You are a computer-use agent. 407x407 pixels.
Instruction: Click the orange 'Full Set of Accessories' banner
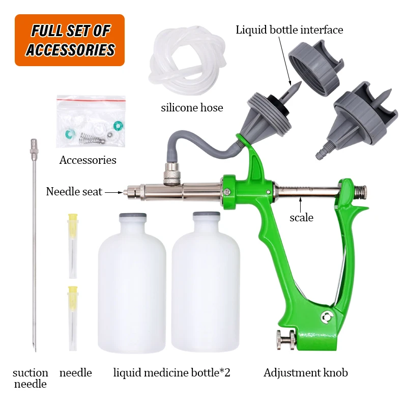point(70,40)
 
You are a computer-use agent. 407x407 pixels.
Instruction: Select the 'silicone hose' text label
point(192,108)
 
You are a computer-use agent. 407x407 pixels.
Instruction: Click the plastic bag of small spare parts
point(91,121)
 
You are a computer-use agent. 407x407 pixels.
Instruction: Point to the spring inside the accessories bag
point(92,138)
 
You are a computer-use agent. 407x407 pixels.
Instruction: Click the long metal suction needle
point(34,245)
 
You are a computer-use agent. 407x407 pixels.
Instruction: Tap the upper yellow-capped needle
point(73,246)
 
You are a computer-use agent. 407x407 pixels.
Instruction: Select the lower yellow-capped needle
point(73,318)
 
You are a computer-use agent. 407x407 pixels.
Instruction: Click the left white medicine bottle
point(132,283)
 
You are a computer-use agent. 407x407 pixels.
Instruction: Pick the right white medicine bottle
point(206,282)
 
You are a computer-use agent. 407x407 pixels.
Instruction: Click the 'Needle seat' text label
point(74,192)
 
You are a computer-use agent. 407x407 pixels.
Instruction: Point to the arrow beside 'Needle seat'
point(113,193)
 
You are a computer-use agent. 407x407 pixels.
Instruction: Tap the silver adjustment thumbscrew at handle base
point(286,340)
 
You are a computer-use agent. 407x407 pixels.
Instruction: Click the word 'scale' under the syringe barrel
point(301,218)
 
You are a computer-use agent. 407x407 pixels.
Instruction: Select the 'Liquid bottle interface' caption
point(289,30)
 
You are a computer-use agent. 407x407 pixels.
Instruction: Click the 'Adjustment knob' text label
point(306,373)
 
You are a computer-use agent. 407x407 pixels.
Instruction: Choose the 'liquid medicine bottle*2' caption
point(172,373)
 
